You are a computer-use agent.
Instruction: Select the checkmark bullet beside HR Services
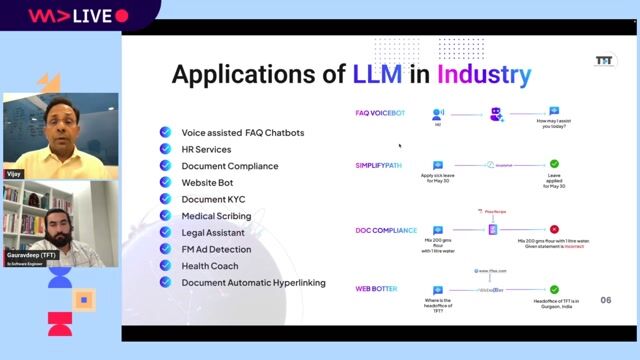click(166, 148)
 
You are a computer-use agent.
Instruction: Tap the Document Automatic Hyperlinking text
click(253, 282)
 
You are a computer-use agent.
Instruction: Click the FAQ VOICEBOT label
click(381, 113)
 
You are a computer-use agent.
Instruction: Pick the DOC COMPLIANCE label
click(386, 230)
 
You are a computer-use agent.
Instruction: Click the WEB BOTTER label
click(377, 289)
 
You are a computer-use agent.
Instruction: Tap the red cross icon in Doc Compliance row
click(554, 229)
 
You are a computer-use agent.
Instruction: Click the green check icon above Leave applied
click(554, 164)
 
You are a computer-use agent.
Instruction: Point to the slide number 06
click(605, 300)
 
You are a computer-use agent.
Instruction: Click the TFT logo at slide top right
click(603, 60)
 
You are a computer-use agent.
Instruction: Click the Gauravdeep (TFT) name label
click(31, 255)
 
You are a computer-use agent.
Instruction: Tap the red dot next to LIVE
click(122, 16)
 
